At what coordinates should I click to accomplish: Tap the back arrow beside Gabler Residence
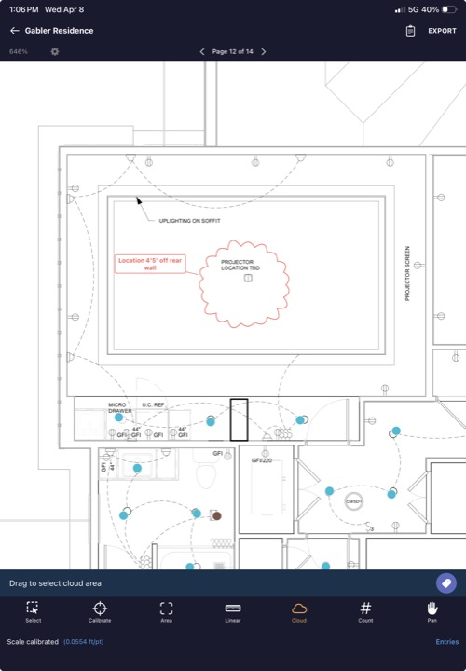[x=14, y=31]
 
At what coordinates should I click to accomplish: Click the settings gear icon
[x=55, y=51]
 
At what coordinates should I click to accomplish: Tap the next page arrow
[x=264, y=51]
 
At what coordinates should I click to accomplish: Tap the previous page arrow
[x=203, y=51]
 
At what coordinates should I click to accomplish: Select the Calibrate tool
[x=100, y=612]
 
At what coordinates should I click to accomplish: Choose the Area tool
[x=166, y=612]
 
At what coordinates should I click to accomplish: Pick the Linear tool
[x=233, y=612]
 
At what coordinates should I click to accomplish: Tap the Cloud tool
[x=299, y=612]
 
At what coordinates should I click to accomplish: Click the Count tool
[x=365, y=612]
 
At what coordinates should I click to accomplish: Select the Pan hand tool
[x=432, y=612]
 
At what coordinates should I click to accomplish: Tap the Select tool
[x=34, y=612]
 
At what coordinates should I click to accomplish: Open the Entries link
[x=446, y=642]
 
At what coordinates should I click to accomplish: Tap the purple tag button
[x=446, y=582]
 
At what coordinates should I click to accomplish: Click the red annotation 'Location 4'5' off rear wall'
[x=149, y=264]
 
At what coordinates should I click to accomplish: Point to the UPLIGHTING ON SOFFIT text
[x=189, y=221]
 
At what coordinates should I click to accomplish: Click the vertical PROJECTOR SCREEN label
[x=407, y=273]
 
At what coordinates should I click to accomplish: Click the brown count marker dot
[x=216, y=515]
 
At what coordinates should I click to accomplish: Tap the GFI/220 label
[x=261, y=460]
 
